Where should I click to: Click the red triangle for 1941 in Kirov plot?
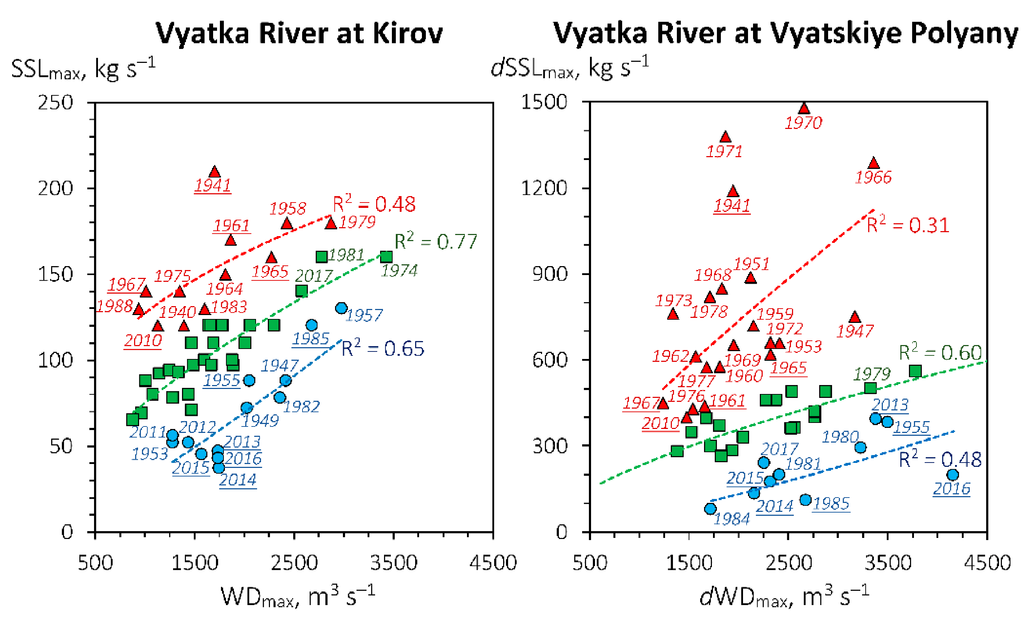point(215,172)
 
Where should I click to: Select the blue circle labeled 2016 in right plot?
point(953,475)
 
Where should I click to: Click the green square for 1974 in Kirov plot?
point(386,257)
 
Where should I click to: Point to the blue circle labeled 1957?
point(341,308)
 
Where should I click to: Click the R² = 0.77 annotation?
point(435,242)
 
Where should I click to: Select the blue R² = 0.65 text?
point(383,349)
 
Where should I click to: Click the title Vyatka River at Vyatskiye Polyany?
point(785,33)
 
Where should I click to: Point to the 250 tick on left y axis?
point(55,103)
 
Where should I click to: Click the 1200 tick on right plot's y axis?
point(543,188)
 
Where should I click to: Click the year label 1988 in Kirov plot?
point(115,306)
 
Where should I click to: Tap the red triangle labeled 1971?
point(725,137)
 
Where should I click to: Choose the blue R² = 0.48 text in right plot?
point(940,460)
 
